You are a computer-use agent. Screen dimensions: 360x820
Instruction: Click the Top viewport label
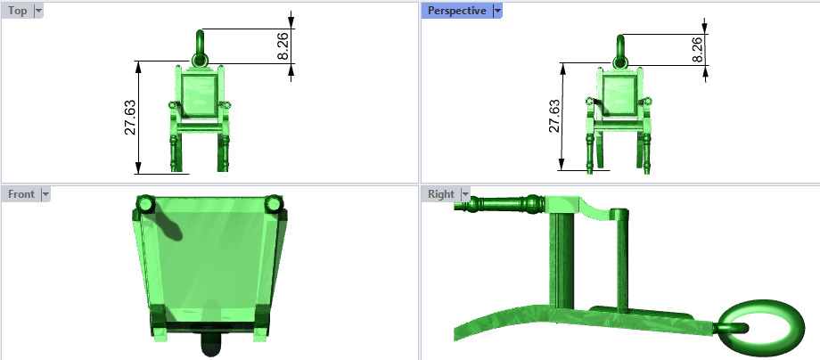pos(17,11)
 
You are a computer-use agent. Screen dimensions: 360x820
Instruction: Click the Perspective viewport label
pos(456,11)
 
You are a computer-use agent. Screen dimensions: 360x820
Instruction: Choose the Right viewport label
pos(440,193)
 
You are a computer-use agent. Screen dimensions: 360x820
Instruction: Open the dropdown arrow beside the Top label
pos(37,11)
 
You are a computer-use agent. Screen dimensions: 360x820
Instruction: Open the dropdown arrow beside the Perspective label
pos(497,11)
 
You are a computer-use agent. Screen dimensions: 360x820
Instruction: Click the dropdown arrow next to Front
pos(45,193)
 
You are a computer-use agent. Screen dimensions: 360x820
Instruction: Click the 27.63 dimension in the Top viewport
pos(130,118)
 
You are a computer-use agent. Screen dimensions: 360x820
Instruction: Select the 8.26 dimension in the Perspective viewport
pos(698,49)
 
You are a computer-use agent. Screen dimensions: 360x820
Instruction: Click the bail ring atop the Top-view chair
pos(201,42)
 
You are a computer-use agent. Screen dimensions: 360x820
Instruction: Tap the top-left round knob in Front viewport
pos(145,205)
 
